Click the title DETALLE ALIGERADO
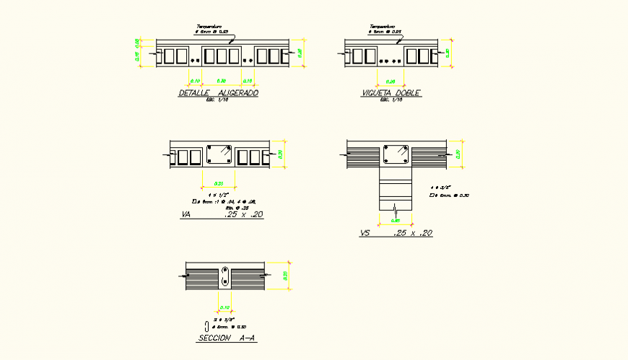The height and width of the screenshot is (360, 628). [218, 93]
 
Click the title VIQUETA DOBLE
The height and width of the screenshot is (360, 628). [391, 93]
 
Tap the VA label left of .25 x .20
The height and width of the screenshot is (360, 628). [186, 215]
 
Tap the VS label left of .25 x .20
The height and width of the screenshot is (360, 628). [365, 233]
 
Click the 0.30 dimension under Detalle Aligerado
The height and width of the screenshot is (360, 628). [222, 81]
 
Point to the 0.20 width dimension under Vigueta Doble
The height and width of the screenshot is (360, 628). [391, 81]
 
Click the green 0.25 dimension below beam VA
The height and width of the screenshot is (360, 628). [219, 183]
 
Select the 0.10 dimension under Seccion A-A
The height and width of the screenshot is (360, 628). [224, 307]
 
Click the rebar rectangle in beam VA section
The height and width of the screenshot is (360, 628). [219, 154]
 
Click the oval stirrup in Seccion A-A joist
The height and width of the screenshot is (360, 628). [225, 276]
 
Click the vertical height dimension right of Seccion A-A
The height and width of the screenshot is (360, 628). [287, 276]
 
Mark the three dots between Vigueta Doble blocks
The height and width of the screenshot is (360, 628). [391, 61]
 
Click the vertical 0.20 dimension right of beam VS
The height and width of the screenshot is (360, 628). [458, 154]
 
